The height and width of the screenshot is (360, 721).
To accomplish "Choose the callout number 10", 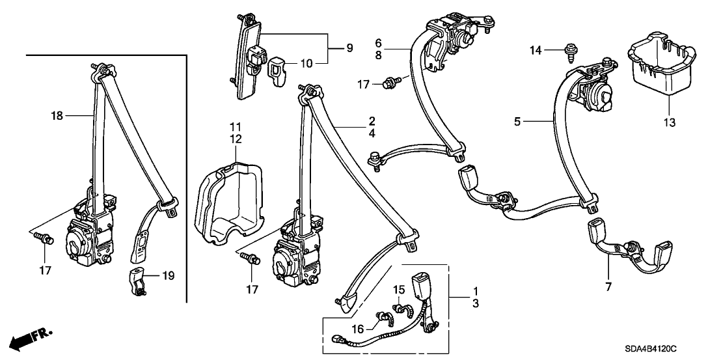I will pos(305,63).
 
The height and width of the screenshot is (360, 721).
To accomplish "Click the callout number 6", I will pos(377,44).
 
